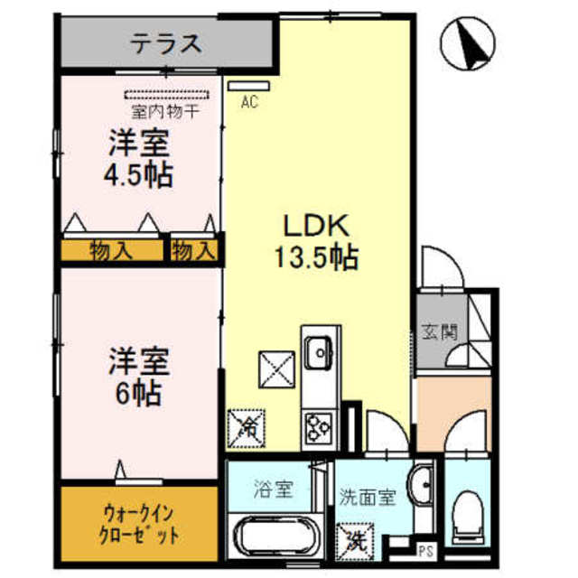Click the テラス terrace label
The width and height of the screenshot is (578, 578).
[x=164, y=42]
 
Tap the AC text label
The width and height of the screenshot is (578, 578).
[x=249, y=103]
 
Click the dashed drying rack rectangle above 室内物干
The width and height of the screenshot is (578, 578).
[x=166, y=93]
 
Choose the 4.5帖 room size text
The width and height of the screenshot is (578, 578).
[x=137, y=173]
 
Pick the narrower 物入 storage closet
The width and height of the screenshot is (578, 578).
[x=194, y=249]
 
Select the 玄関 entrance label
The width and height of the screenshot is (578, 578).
[x=439, y=332]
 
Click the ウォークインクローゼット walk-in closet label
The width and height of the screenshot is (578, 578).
[x=139, y=525]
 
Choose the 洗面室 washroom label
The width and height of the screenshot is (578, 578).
[x=368, y=496]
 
